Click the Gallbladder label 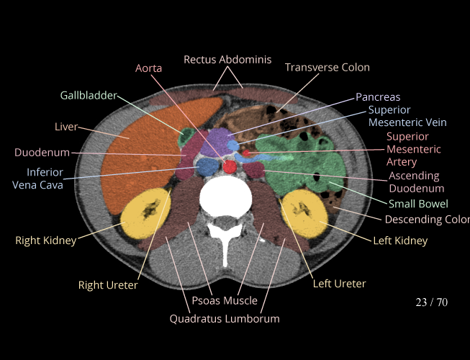click(86, 95)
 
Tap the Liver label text click(66, 127)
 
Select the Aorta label click(148, 68)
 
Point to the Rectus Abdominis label click(227, 59)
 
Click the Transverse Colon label click(327, 67)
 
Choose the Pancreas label click(377, 96)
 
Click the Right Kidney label click(45, 240)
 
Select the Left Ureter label click(339, 284)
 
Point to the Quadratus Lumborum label click(225, 318)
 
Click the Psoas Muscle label click(225, 300)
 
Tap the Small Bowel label click(418, 204)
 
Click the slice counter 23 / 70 click(431, 302)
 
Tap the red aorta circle click(230, 167)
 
